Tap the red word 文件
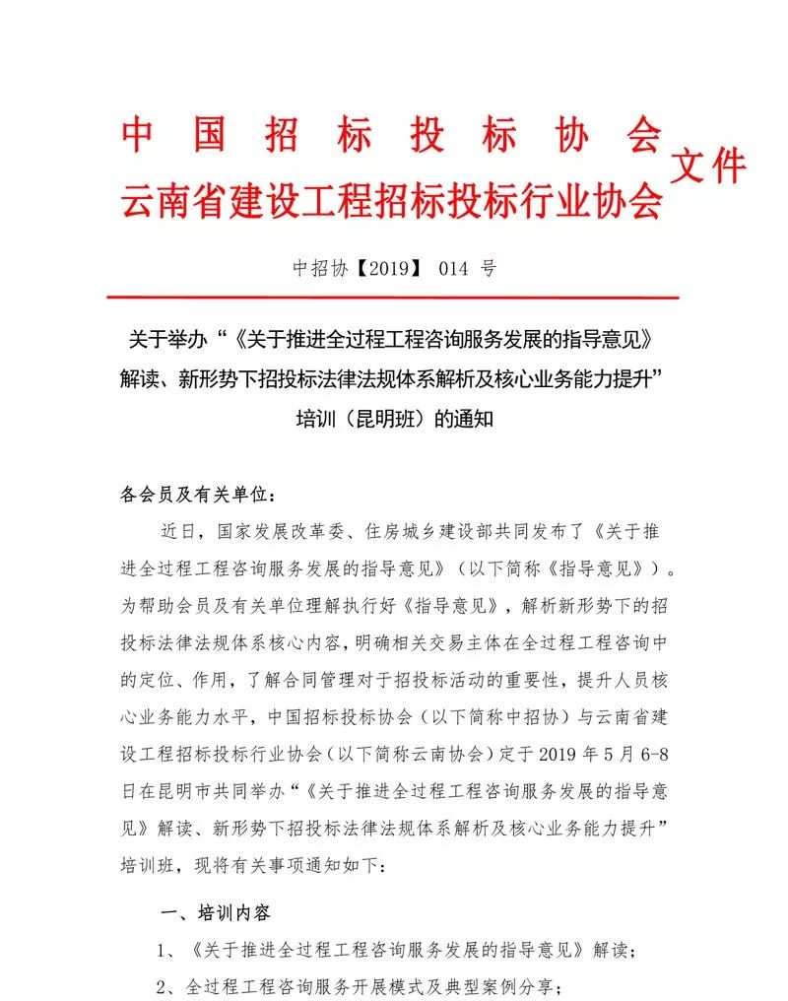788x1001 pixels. [x=707, y=167]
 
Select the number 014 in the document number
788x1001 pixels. [x=447, y=268]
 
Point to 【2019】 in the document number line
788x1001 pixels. [x=386, y=268]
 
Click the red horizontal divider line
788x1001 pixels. [x=391, y=297]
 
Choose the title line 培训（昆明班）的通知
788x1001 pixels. [x=393, y=418]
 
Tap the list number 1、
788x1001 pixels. [x=167, y=951]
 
